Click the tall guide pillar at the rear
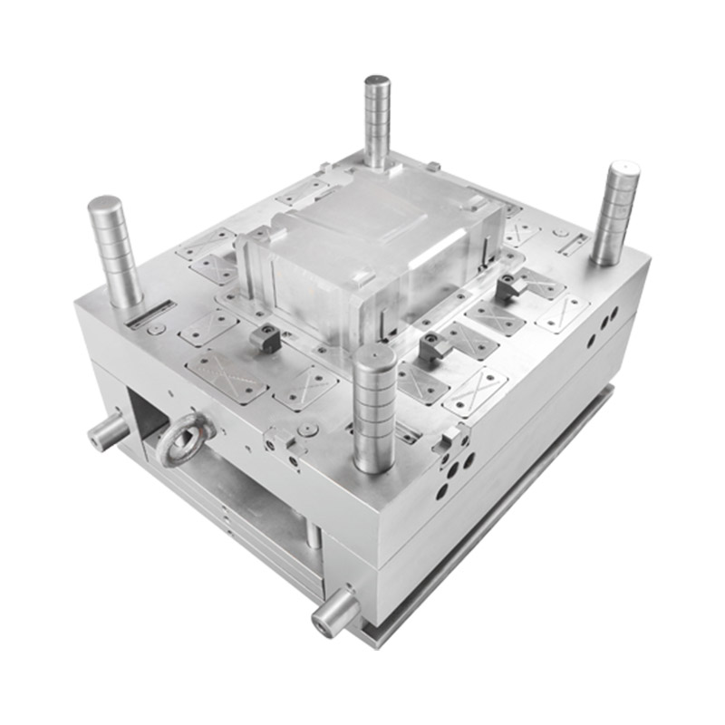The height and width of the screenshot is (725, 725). point(377,122)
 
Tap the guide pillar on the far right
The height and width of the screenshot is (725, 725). point(616,213)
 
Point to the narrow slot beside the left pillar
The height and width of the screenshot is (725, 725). point(149,314)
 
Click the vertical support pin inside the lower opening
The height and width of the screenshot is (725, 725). point(312,535)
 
